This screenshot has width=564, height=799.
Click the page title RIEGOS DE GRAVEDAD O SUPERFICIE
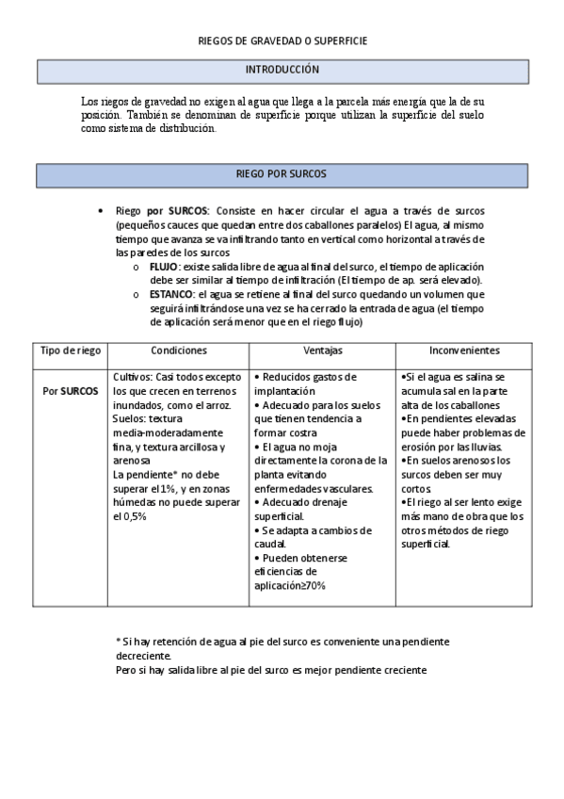coord(282,42)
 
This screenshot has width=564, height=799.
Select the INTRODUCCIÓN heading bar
coord(282,70)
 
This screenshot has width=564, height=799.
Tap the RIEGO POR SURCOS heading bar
coord(282,175)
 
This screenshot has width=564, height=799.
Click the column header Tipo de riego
coord(71,350)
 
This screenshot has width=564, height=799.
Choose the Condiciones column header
coord(178,350)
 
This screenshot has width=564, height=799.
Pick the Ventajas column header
coord(322,350)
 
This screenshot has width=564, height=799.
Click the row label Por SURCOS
coord(71,390)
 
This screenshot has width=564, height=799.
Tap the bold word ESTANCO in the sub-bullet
coord(170,295)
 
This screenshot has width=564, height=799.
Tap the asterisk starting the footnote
coord(118,641)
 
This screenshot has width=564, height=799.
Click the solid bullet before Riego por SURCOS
coord(101,212)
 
